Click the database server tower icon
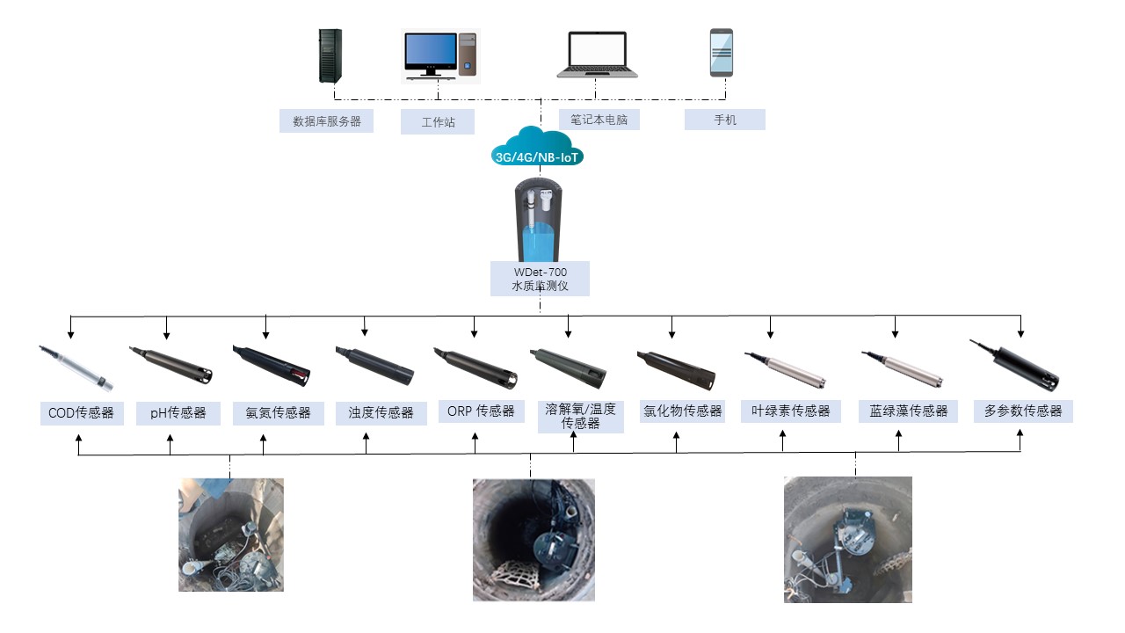click(330, 56)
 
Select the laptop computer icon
click(597, 55)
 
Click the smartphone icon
click(722, 53)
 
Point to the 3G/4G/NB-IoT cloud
click(537, 148)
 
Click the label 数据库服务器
click(326, 121)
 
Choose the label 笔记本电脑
click(599, 120)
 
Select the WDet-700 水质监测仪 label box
click(540, 279)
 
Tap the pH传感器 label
click(178, 412)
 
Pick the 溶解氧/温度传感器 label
click(580, 416)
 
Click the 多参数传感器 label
click(1023, 411)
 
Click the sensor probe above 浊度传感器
click(374, 365)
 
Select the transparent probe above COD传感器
click(77, 367)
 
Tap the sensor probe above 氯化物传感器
click(676, 368)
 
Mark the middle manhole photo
click(533, 540)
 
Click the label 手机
click(724, 120)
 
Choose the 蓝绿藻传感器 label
click(908, 411)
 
